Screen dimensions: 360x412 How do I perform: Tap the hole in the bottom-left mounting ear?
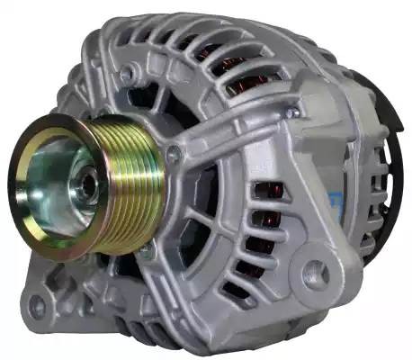(37, 306)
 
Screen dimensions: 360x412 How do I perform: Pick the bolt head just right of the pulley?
(174, 154)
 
